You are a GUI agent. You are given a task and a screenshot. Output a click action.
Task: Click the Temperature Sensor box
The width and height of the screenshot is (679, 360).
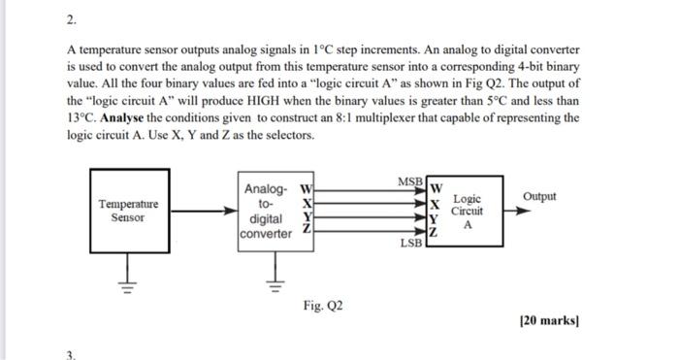(x=128, y=210)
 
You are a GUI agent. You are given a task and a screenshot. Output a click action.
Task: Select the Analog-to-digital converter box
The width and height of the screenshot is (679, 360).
(x=268, y=211)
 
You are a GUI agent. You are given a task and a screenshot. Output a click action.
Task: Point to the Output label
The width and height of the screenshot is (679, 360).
(x=539, y=196)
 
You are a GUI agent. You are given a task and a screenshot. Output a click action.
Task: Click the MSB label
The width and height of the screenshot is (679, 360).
(x=409, y=181)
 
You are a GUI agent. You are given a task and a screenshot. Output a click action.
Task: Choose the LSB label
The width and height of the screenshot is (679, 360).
(x=410, y=244)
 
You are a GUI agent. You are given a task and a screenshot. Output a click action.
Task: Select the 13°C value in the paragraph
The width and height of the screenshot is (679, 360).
(x=81, y=118)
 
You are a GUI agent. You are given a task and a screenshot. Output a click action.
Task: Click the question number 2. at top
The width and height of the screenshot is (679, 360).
(x=71, y=20)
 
